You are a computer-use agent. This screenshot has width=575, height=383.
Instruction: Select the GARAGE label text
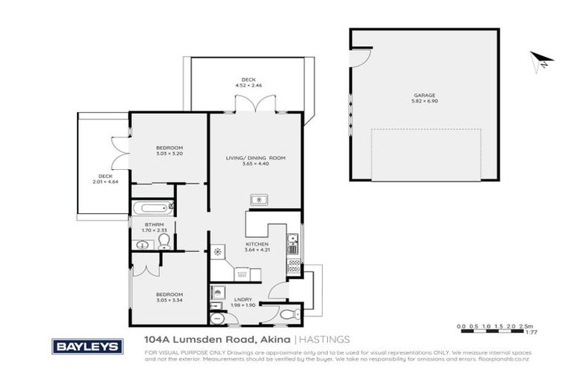pos(425,95)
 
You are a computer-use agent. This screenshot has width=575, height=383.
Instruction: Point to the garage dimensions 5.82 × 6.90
pos(425,101)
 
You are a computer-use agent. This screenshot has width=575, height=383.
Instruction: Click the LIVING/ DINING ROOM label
pos(256,159)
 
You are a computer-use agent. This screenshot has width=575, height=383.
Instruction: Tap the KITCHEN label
pos(256,244)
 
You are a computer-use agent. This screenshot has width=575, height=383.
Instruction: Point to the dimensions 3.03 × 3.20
pos(169,153)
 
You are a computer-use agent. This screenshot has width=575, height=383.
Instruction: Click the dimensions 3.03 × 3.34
pos(169,300)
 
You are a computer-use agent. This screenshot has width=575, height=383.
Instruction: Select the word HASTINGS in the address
pos(326,339)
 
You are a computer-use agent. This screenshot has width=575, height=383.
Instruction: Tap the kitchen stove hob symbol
pos(294,263)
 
